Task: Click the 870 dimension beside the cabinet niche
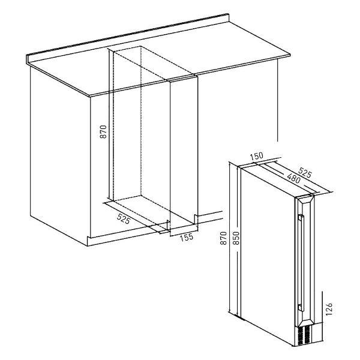coord(104,131)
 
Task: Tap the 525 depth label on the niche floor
coord(124,218)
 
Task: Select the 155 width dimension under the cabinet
coord(186,237)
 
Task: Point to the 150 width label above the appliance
coord(256,156)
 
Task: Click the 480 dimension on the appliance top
coord(293,178)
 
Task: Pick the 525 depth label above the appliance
coord(305,172)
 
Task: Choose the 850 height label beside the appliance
coord(236,238)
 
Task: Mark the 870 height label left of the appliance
coord(223,238)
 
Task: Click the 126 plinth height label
coord(329,309)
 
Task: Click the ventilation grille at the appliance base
coord(304,335)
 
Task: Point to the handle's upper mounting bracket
coord(301,218)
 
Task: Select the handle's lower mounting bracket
coord(300,307)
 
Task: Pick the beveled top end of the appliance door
coord(304,200)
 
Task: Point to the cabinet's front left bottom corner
coord(88,246)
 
